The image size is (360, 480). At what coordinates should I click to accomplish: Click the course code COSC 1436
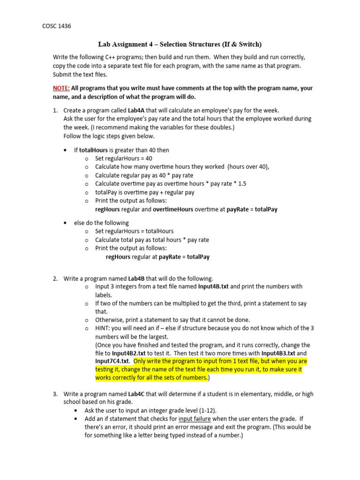point(57,27)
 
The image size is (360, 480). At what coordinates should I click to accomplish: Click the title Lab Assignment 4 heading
point(180,44)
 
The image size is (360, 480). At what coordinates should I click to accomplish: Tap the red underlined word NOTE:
point(61,88)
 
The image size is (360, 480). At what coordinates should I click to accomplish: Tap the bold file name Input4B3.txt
point(278,353)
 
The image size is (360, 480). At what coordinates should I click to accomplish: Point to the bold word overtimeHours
point(173,210)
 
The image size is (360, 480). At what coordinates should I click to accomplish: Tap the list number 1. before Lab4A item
point(55,111)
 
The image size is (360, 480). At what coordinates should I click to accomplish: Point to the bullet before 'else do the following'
point(65,223)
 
